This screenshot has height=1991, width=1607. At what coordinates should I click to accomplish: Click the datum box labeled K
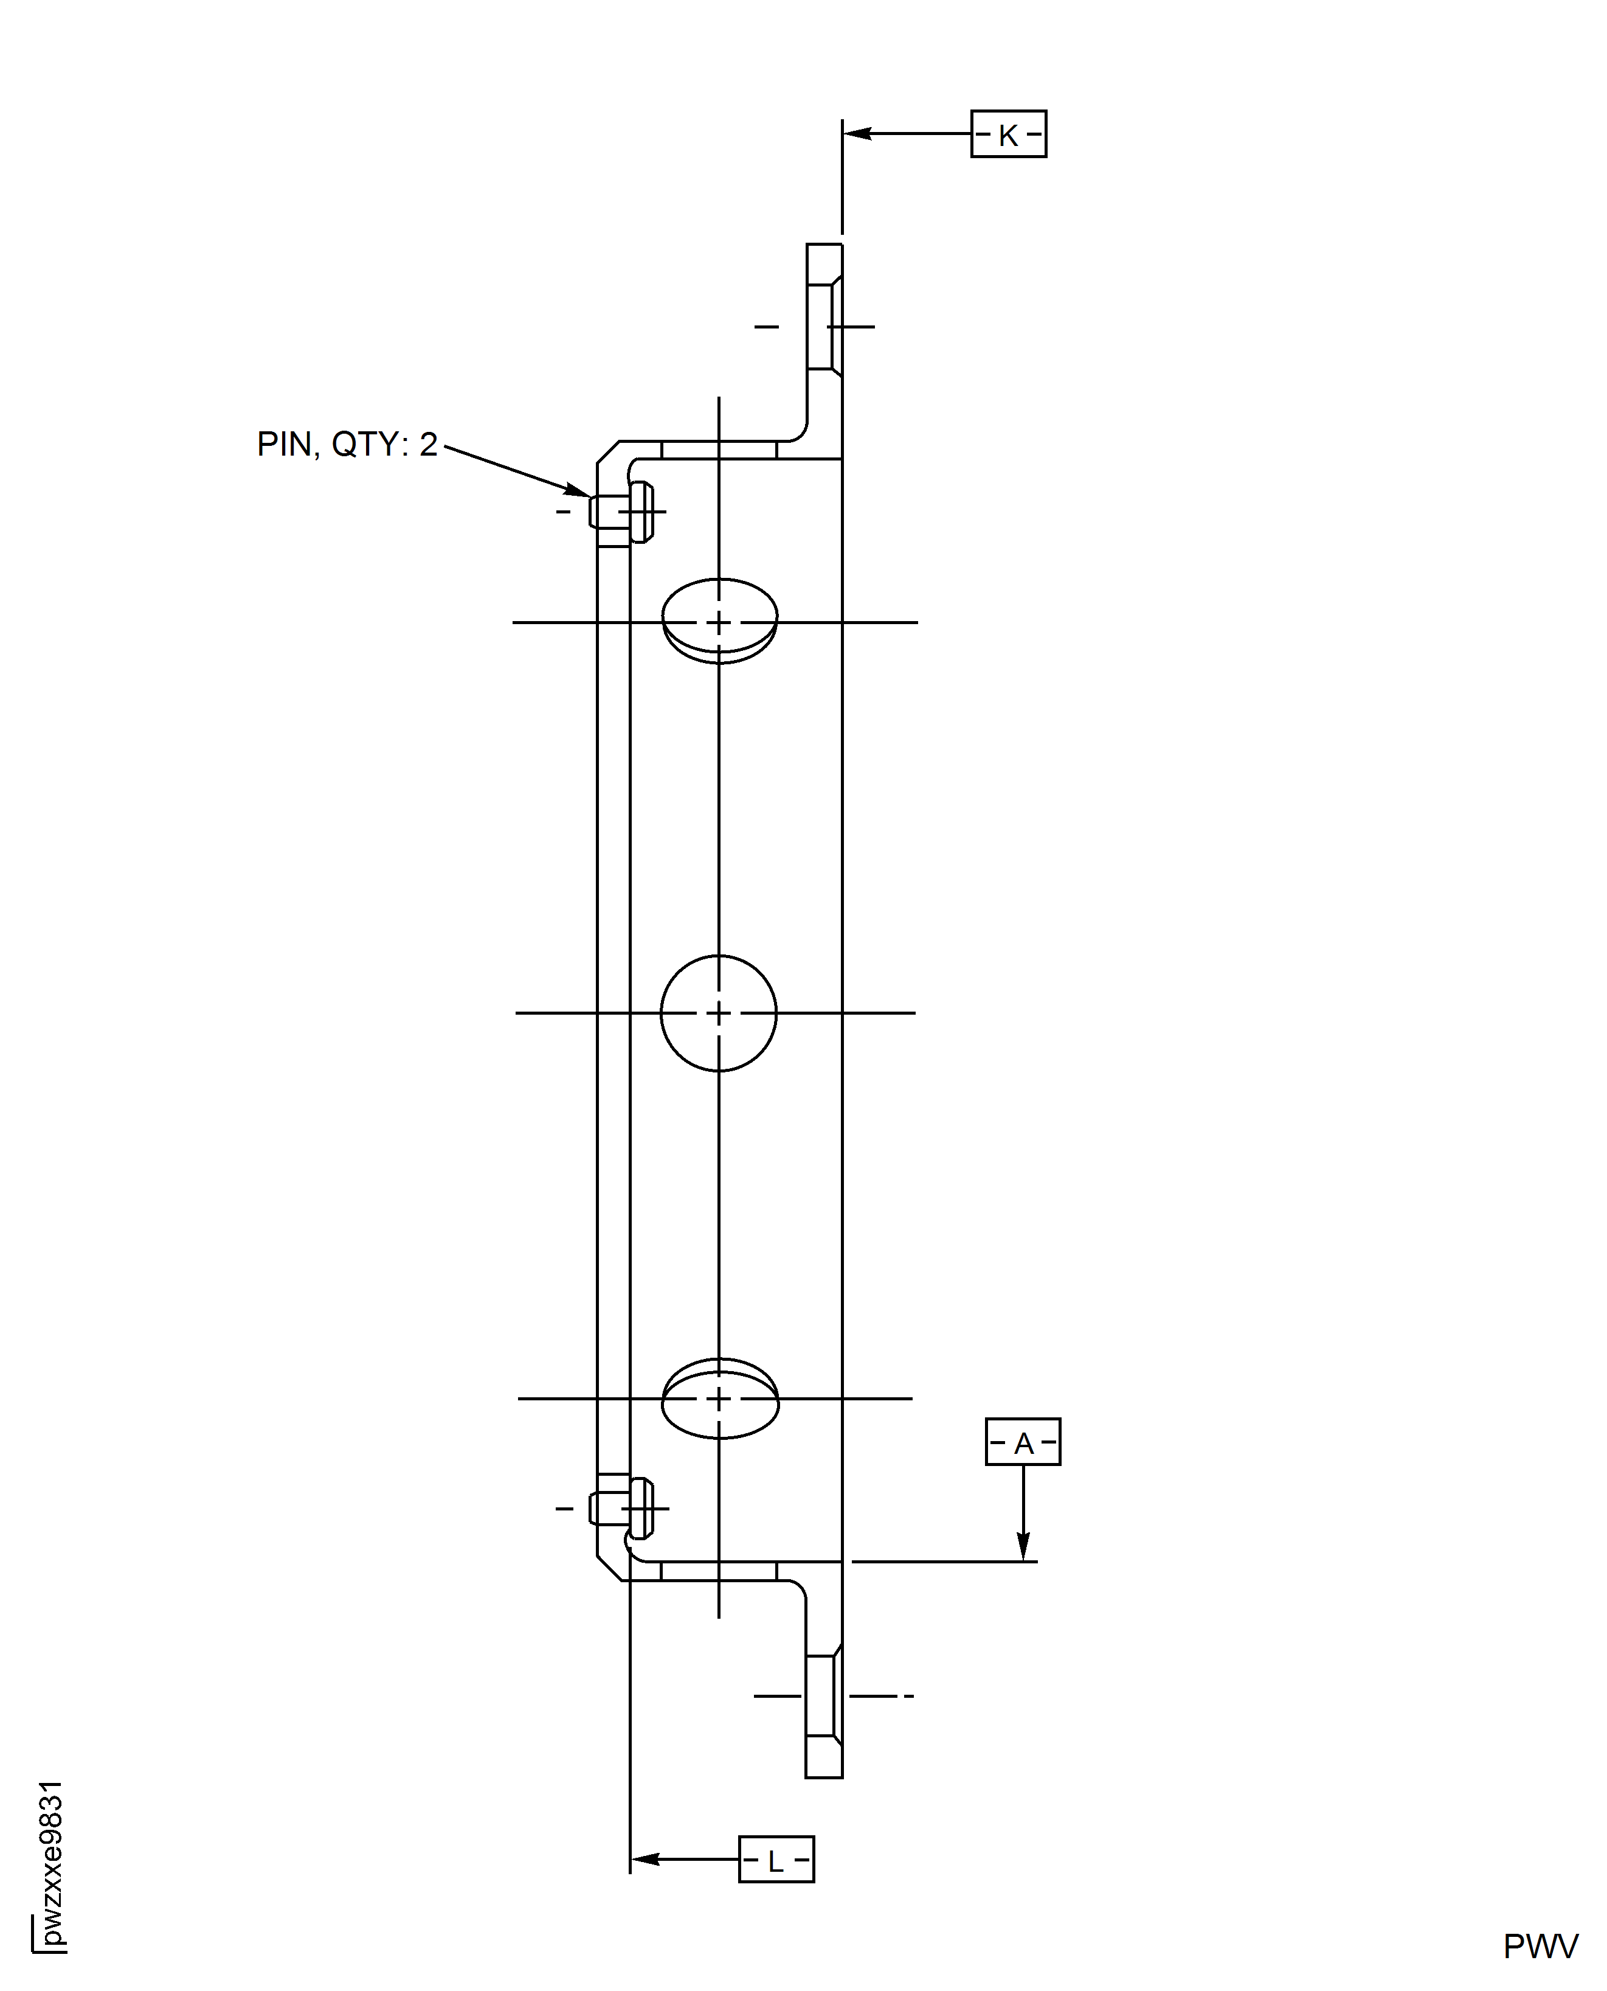pos(1008,134)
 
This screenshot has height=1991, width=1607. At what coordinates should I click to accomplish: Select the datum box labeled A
pos(1023,1442)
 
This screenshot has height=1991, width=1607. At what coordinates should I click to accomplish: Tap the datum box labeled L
pos(776,1858)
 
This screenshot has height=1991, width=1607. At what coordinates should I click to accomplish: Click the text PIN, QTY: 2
pos(347,445)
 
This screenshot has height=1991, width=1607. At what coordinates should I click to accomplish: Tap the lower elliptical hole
pos(719,1399)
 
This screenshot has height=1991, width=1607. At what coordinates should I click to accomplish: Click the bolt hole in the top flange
pos(823,326)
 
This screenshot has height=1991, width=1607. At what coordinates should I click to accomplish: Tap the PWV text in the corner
pos(1540,1945)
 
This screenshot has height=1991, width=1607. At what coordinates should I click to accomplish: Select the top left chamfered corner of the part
pos(608,452)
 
